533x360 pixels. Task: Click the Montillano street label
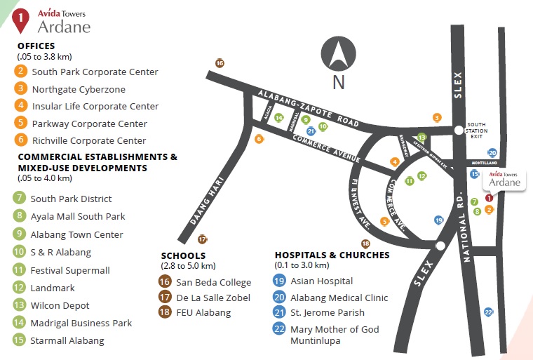485,162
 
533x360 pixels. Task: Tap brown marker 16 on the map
220,63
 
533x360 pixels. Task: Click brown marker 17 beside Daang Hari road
202,239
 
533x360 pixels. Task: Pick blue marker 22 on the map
489,312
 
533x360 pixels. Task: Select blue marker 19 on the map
438,220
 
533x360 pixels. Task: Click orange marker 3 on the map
437,117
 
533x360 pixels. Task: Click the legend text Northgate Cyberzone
79,89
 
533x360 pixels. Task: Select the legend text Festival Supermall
70,270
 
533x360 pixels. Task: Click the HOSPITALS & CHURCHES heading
332,255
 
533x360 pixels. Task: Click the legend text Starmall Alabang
67,341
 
